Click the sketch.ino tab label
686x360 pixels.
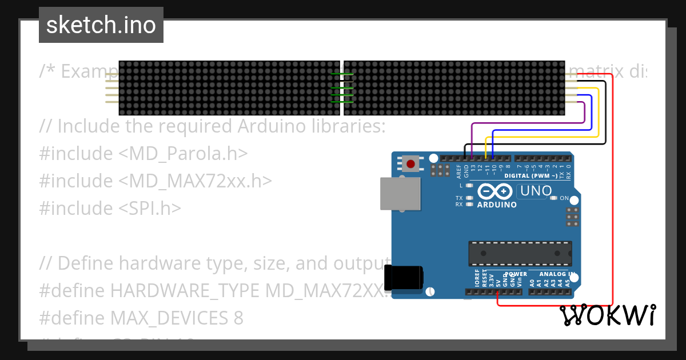pyautogui.click(x=101, y=25)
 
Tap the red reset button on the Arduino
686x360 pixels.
pyautogui.click(x=410, y=164)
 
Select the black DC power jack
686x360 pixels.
pyautogui.click(x=404, y=278)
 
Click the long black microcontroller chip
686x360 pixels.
pyautogui.click(x=520, y=253)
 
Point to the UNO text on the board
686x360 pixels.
pyautogui.click(x=536, y=191)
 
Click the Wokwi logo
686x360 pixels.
pyautogui.click(x=608, y=315)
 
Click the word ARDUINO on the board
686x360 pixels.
pyautogui.click(x=496, y=205)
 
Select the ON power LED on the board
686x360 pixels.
pyautogui.click(x=553, y=198)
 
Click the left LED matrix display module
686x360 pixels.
pyautogui.click(x=229, y=87)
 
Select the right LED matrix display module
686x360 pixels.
pyautogui.click(x=454, y=87)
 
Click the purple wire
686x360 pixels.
pyautogui.click(x=526, y=123)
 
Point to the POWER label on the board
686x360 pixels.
pyautogui.click(x=516, y=274)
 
